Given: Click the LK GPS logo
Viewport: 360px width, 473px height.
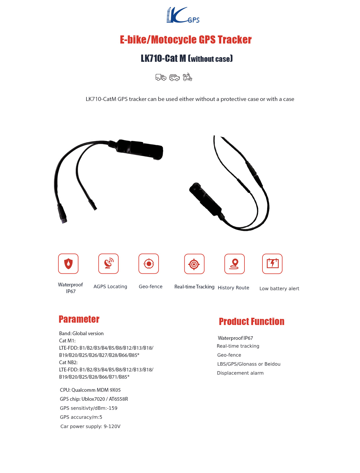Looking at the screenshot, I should (183, 15).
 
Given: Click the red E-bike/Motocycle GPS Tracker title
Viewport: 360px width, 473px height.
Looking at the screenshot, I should (186, 40).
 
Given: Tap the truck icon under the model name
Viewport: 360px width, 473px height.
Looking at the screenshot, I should (161, 77).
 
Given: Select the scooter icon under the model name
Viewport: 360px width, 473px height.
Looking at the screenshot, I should (188, 77).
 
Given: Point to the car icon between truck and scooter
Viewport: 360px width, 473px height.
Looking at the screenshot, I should (174, 77).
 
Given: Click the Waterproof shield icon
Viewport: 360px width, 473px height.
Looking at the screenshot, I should (68, 263).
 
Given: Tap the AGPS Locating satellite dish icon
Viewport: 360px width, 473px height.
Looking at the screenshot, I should (108, 263).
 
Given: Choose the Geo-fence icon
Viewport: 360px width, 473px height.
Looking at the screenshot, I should (149, 263).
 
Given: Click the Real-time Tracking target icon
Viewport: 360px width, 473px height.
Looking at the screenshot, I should (194, 264).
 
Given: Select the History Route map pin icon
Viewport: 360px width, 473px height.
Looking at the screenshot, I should (234, 264).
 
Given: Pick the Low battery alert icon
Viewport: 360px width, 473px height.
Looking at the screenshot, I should (272, 263).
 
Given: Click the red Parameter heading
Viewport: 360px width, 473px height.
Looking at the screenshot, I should (79, 319).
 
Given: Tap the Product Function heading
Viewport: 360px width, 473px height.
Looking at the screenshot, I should (251, 322).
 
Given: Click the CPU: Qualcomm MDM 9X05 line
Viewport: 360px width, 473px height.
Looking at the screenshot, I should (90, 390).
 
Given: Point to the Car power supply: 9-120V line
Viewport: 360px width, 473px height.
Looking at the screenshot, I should (90, 426).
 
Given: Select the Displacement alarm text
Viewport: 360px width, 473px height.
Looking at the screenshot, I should (240, 373).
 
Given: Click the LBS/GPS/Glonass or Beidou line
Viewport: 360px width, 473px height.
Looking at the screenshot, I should (249, 364).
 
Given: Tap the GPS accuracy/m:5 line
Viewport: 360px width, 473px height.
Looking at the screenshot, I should (81, 417).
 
